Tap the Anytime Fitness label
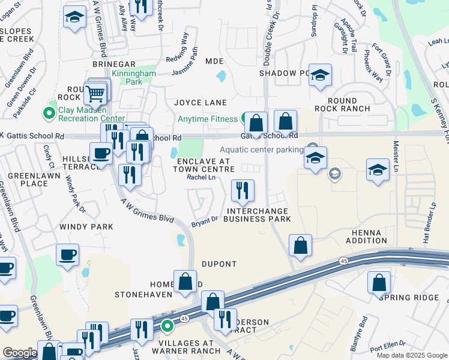(208, 119)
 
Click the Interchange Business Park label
(257, 215)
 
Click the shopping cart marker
(95, 94)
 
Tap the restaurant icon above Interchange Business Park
(243, 191)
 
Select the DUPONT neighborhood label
(219, 264)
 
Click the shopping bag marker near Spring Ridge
(379, 283)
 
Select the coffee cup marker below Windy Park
(67, 254)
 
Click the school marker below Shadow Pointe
(320, 76)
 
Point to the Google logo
(19, 353)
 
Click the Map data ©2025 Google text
(411, 355)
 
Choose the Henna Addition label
(366, 236)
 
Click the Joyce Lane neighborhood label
(200, 103)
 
